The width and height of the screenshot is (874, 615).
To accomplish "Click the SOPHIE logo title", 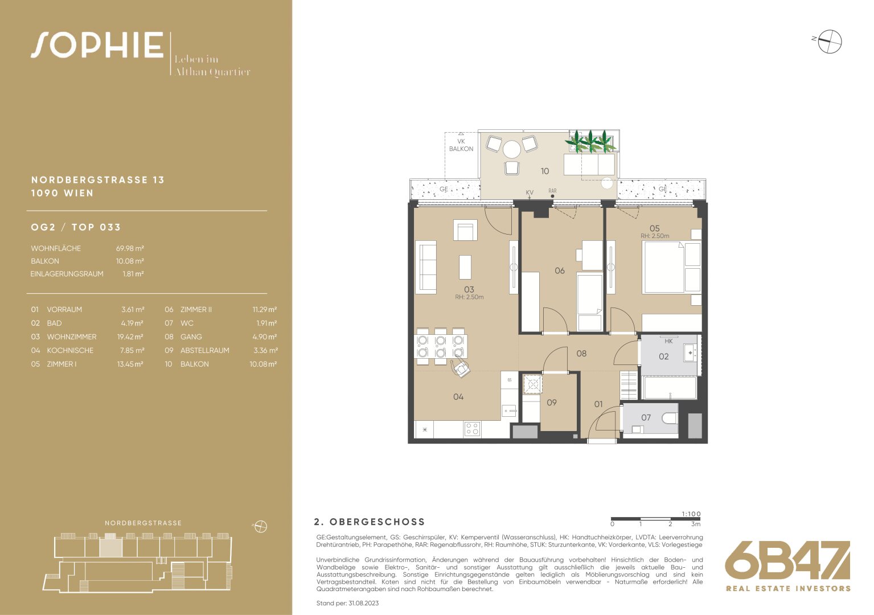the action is click(97, 45).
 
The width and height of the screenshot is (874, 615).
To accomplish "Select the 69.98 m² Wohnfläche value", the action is click(130, 248).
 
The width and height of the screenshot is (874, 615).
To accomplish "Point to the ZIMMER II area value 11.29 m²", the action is click(265, 309).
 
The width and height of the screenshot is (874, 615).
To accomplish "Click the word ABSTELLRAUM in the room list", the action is click(205, 350).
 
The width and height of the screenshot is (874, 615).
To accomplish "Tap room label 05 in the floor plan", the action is click(654, 228).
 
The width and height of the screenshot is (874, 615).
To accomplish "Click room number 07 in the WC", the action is click(646, 417).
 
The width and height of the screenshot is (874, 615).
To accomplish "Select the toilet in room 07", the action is click(670, 419).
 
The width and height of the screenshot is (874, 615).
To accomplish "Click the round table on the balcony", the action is click(511, 149).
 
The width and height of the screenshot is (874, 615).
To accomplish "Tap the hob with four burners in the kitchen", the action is click(472, 429).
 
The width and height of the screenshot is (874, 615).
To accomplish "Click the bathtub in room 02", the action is click(670, 387).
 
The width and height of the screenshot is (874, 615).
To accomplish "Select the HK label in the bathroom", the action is click(668, 341).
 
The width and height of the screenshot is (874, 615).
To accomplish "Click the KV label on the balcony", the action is click(530, 192).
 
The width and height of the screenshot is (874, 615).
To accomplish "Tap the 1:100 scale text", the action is click(691, 514).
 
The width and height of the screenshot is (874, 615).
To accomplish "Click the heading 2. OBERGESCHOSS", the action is click(369, 522).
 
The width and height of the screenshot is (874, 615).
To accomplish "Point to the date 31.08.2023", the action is click(364, 603).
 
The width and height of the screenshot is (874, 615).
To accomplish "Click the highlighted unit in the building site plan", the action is click(111, 545).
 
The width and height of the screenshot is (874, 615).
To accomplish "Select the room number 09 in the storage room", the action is click(551, 403).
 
